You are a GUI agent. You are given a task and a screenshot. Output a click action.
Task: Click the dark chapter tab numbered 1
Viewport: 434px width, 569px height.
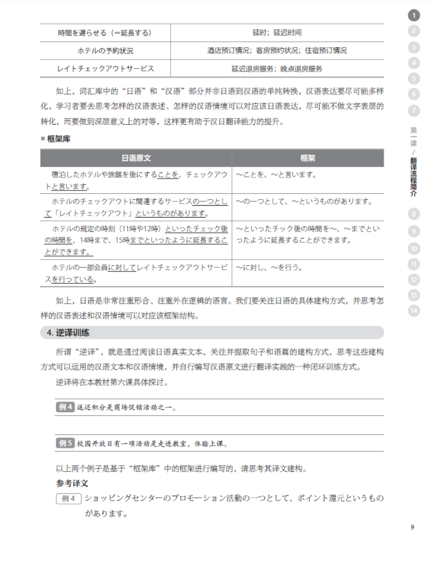[x=414, y=16]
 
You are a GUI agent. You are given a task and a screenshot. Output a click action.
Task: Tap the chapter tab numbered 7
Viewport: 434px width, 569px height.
[x=414, y=110]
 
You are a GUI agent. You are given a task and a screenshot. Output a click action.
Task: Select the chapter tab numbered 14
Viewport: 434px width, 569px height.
[x=414, y=311]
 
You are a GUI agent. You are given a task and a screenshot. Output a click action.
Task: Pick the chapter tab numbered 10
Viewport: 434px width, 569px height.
[x=414, y=248]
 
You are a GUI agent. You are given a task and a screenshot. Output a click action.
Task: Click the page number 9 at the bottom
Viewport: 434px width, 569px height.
[x=412, y=527]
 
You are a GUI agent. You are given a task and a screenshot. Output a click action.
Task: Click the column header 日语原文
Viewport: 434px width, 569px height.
[x=136, y=158]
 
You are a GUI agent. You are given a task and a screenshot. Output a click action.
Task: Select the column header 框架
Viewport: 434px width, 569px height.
[x=308, y=158]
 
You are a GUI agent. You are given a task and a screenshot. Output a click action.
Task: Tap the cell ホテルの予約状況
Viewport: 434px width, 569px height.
[x=105, y=50]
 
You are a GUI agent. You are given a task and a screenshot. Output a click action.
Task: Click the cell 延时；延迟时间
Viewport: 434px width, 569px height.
[x=277, y=33]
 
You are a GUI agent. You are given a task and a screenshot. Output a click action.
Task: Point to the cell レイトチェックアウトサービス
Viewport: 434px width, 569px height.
[x=105, y=69]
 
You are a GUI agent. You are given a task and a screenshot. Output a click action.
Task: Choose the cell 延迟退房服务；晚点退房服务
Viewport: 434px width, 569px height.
[x=277, y=69]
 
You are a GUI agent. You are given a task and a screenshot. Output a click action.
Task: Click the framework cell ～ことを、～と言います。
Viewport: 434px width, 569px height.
[x=276, y=174]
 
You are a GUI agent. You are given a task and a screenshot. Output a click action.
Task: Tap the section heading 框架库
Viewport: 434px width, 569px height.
[x=58, y=139]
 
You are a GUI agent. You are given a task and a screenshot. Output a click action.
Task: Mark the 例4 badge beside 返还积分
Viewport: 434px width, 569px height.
[x=65, y=407]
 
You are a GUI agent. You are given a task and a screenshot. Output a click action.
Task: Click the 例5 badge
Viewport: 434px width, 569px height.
[x=65, y=443]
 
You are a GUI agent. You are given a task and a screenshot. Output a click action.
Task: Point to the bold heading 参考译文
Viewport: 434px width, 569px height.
[x=72, y=483]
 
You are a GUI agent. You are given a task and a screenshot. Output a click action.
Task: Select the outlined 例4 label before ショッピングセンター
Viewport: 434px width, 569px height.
[x=69, y=499]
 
